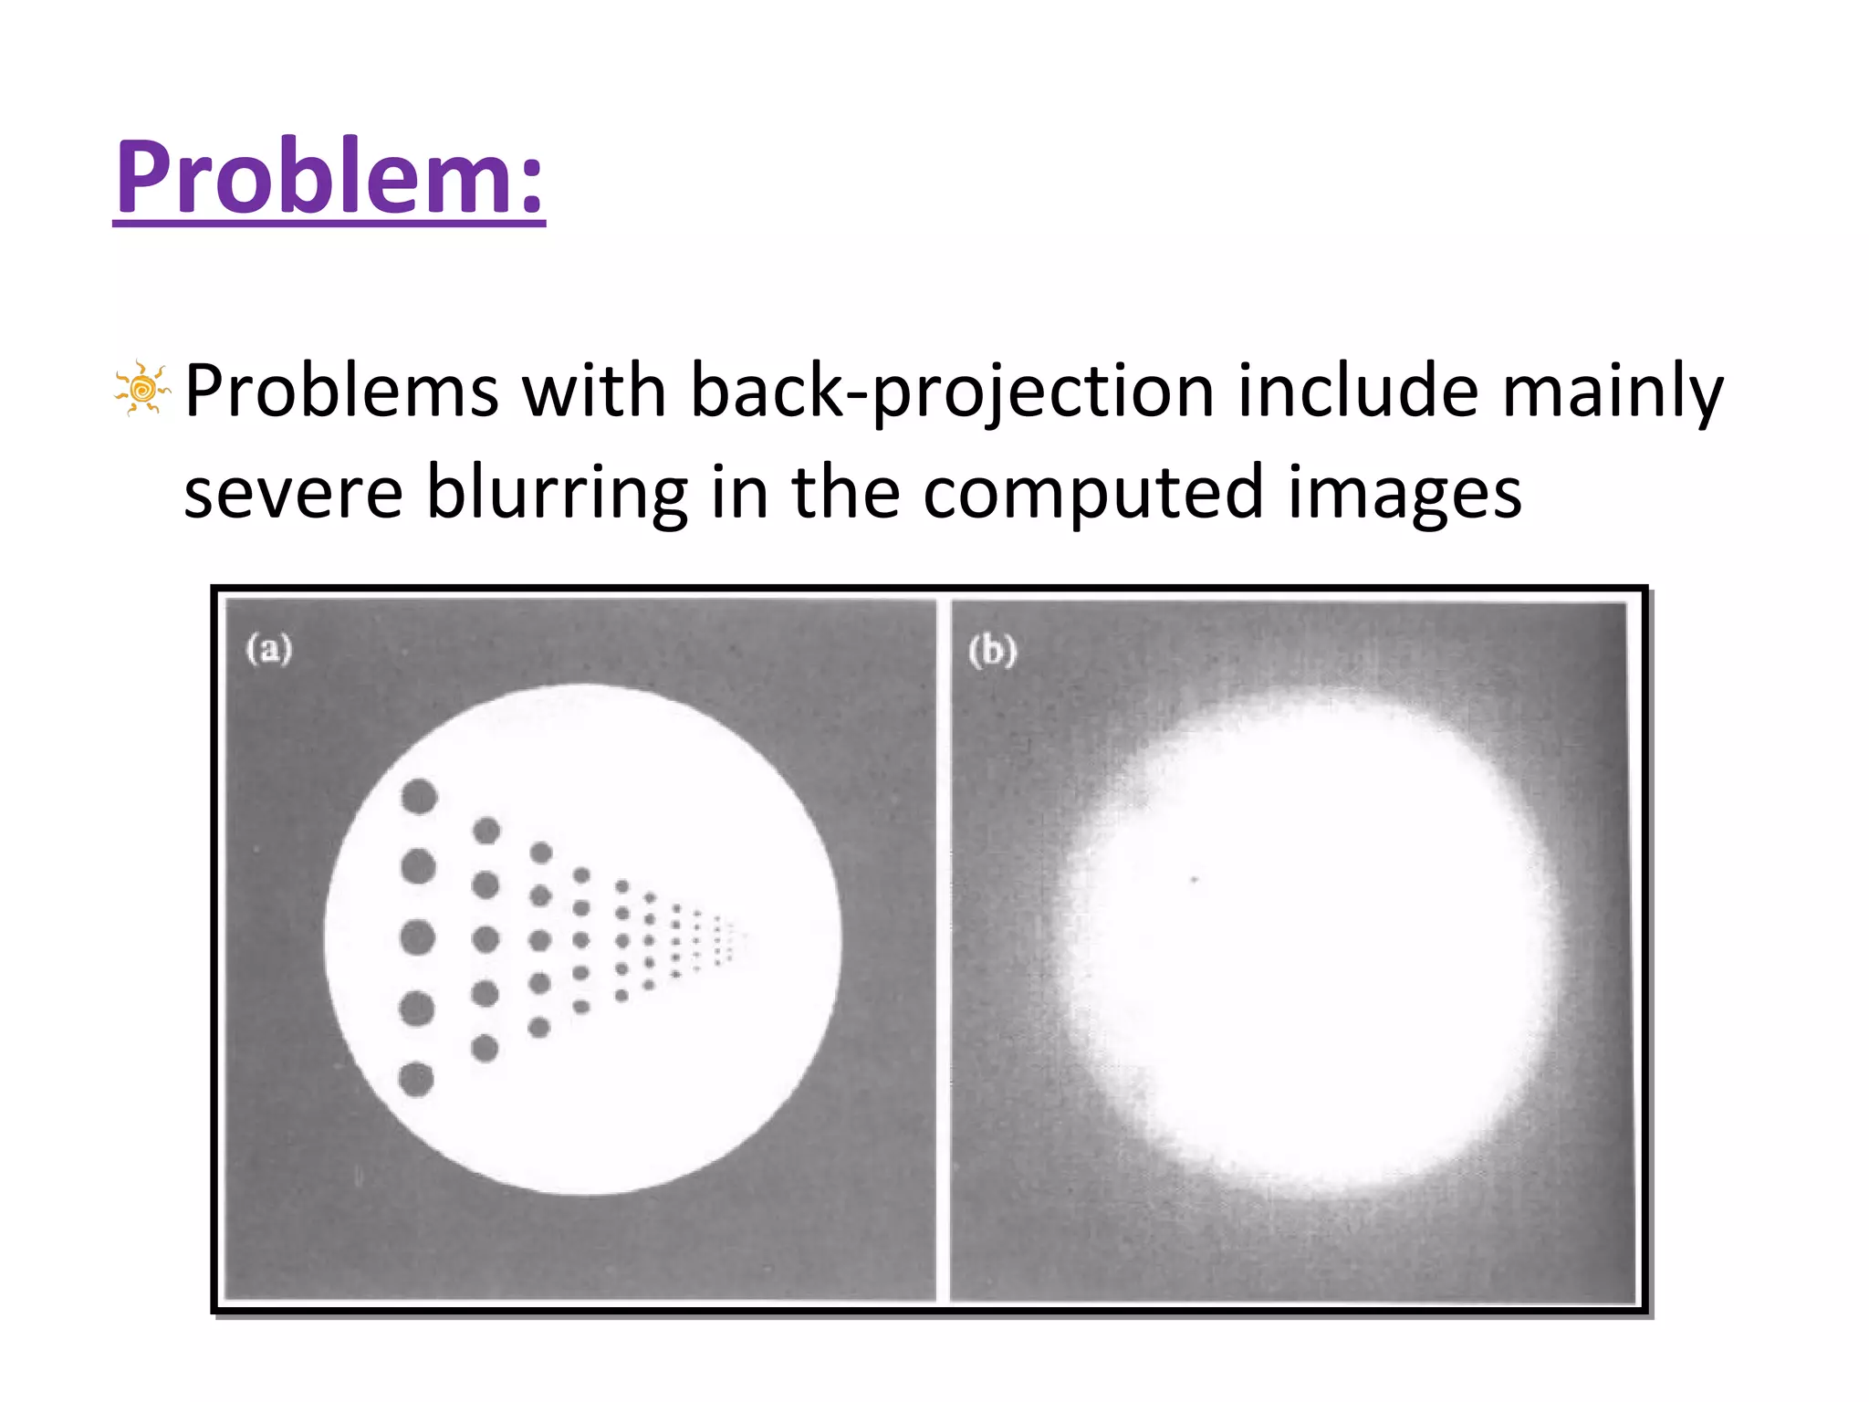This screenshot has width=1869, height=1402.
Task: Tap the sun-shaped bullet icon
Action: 141,390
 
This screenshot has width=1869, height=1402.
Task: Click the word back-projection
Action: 952,392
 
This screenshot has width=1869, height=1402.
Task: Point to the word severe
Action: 293,493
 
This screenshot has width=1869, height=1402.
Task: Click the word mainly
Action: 1613,392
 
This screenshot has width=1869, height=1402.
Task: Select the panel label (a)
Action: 269,649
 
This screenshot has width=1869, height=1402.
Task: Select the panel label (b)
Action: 992,651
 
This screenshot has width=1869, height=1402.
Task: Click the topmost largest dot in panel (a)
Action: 420,796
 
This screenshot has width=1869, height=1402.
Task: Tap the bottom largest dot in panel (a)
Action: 417,1080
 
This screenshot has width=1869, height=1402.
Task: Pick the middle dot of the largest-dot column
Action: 418,937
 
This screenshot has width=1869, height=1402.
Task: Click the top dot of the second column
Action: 486,831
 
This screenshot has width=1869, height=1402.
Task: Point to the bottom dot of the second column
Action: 485,1048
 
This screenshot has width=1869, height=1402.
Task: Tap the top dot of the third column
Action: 541,853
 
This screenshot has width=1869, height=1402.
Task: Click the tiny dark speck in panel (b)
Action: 1195,879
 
